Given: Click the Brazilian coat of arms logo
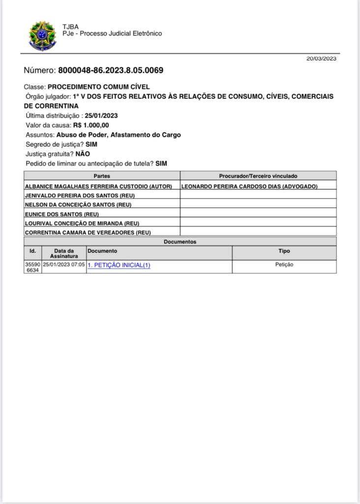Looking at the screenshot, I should click(x=43, y=35).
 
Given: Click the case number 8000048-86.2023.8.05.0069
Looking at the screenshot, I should click(x=111, y=70).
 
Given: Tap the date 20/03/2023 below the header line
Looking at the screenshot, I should click(x=321, y=59).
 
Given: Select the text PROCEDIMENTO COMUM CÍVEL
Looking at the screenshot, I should click(x=99, y=87).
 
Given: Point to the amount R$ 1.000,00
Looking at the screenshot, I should click(x=91, y=126).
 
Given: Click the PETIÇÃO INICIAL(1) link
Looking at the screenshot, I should click(x=119, y=265).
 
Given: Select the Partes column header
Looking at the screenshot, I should click(x=102, y=176).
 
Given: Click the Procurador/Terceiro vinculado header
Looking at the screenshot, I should click(x=258, y=176).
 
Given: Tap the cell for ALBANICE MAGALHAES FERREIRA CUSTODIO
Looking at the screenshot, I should click(x=98, y=187).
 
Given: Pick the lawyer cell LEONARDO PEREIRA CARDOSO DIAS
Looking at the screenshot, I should click(x=249, y=187).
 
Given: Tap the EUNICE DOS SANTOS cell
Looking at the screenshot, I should click(x=62, y=214).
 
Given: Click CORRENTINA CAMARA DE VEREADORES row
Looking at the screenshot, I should click(x=88, y=232).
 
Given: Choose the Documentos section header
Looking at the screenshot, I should click(x=180, y=242).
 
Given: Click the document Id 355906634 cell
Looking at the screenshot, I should click(x=32, y=267).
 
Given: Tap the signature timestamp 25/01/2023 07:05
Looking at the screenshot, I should click(x=64, y=265).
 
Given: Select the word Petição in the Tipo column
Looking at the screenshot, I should click(x=284, y=265).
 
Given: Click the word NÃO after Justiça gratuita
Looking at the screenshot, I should click(x=83, y=154).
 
